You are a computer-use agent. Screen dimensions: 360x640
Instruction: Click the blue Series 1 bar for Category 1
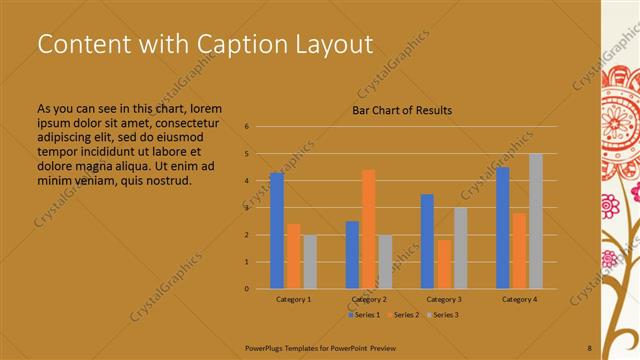pyautogui.click(x=277, y=231)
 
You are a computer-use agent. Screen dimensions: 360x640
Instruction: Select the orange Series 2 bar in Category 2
pyautogui.click(x=368, y=229)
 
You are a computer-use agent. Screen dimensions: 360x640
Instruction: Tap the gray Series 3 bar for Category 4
pyautogui.click(x=535, y=221)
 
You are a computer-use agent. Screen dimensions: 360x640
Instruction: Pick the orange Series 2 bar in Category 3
pyautogui.click(x=443, y=264)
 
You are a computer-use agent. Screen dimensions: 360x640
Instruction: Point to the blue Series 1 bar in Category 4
pyautogui.click(x=502, y=228)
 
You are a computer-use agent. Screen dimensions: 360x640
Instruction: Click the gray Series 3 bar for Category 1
pyautogui.click(x=310, y=262)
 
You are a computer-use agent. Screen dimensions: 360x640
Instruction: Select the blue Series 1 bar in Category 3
pyautogui.click(x=427, y=241)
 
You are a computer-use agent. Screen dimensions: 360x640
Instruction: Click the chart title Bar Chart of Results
pyautogui.click(x=402, y=110)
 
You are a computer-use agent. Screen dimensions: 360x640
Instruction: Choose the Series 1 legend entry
pyautogui.click(x=363, y=315)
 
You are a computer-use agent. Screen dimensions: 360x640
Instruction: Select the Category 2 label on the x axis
pyautogui.click(x=368, y=299)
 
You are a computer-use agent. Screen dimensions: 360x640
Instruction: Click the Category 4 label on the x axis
pyautogui.click(x=519, y=299)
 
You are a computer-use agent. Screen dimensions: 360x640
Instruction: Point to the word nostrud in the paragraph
pyautogui.click(x=165, y=180)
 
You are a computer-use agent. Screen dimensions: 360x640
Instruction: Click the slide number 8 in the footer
pyautogui.click(x=589, y=347)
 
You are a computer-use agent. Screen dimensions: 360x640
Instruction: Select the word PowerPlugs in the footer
pyautogui.click(x=266, y=347)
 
